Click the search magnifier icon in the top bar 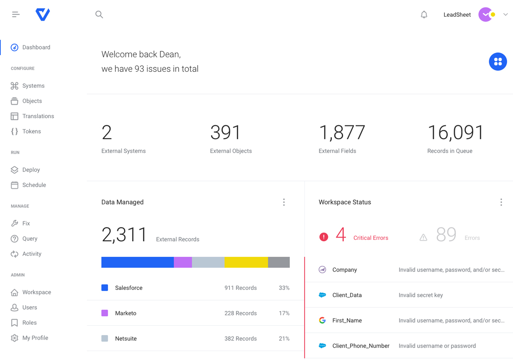[99, 15]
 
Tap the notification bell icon [424, 15]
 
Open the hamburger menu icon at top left [16, 15]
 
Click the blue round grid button [498, 62]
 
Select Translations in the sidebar [38, 116]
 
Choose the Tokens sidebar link [32, 131]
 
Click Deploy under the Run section [31, 170]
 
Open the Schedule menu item [34, 185]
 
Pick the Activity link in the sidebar [32, 254]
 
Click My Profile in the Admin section [35, 338]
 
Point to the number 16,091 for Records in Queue [455, 133]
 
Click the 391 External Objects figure [225, 133]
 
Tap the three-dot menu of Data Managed [284, 202]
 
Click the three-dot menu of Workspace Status [501, 202]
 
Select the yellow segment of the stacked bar [246, 262]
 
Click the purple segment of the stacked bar [183, 262]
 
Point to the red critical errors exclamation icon [324, 237]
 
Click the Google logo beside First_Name [322, 320]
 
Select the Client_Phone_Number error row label [361, 346]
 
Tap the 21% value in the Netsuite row [284, 339]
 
